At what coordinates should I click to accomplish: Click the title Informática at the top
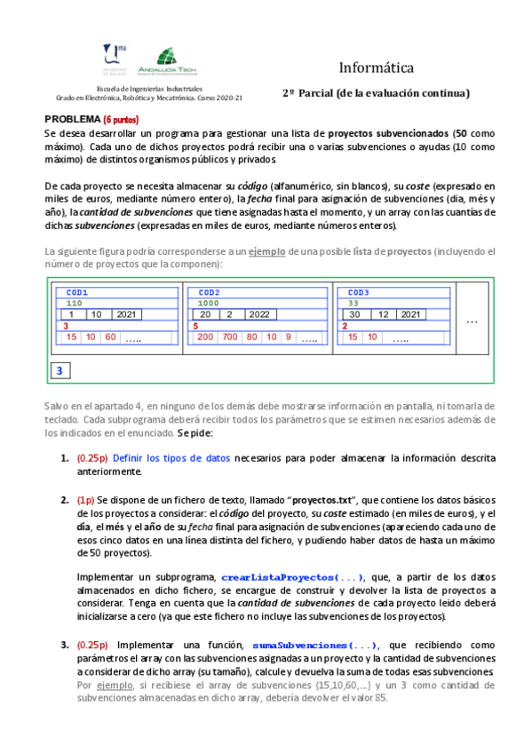(x=376, y=67)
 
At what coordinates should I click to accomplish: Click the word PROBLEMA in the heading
(x=72, y=119)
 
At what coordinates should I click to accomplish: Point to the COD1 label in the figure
(x=77, y=292)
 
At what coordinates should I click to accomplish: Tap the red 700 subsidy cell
(x=230, y=337)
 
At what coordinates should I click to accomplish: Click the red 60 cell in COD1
(x=110, y=337)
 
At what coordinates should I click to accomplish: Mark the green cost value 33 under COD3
(x=353, y=303)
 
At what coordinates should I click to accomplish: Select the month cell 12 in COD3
(x=384, y=314)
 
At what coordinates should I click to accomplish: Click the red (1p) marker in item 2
(x=86, y=500)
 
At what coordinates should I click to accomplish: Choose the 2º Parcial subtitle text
(x=376, y=93)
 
